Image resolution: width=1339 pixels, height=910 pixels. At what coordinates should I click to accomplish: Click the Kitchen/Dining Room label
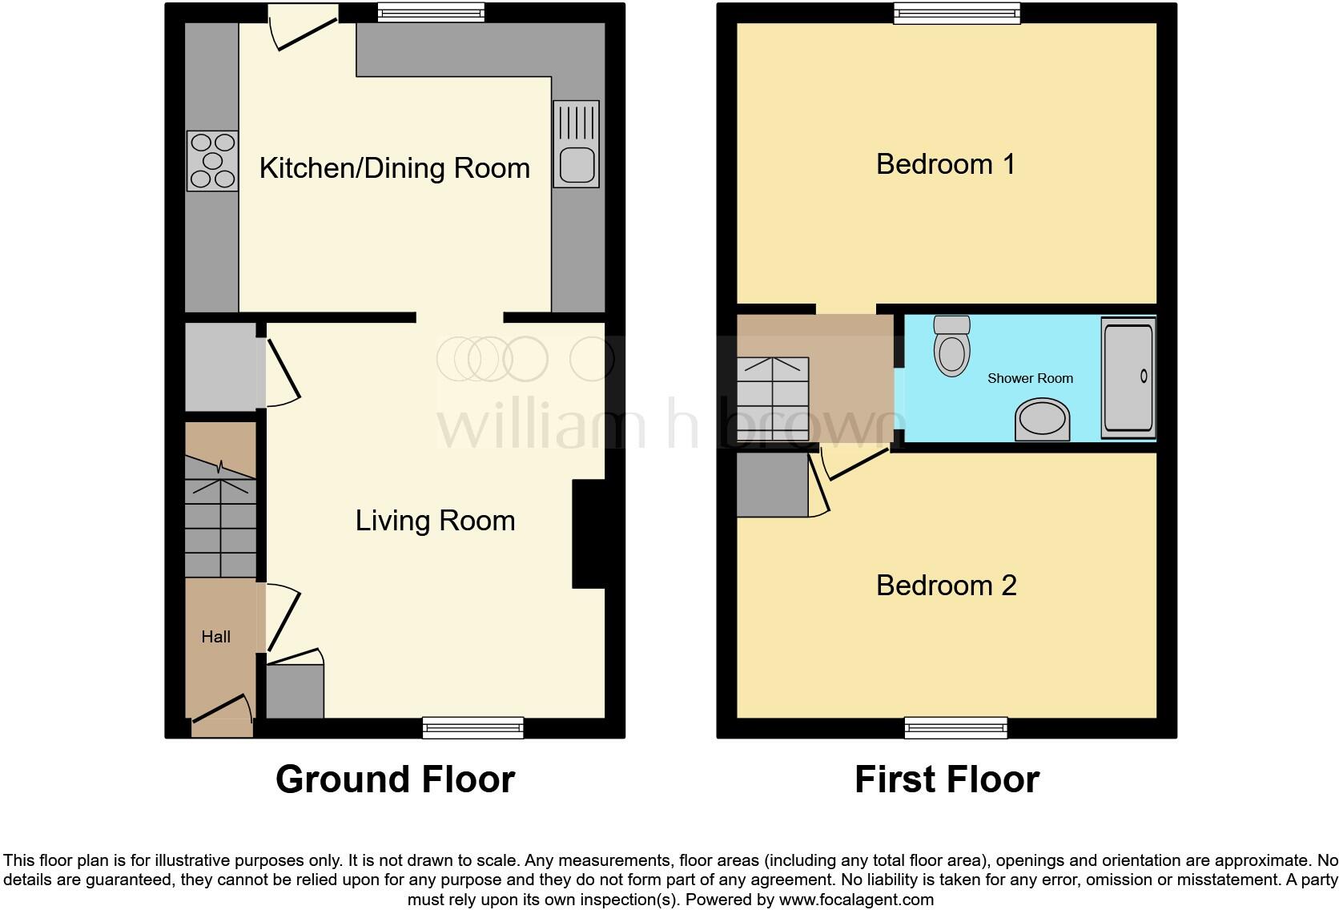394,168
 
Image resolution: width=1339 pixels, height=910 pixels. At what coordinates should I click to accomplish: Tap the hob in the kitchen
212,161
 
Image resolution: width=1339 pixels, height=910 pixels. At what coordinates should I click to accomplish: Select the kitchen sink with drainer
576,144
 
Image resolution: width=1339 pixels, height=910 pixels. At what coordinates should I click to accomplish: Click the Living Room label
435,521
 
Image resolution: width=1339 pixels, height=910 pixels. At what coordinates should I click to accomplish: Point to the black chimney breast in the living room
589,534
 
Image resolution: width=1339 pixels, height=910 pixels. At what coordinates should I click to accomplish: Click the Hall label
215,637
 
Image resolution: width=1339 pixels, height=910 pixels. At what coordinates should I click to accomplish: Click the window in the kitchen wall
431,11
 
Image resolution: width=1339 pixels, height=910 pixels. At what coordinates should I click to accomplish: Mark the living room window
473,727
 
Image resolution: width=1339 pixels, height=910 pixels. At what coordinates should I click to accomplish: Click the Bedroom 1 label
946,164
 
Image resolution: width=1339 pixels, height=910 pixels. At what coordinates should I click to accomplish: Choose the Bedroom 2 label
946,586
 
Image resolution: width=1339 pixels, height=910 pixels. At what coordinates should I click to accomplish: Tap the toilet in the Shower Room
951,345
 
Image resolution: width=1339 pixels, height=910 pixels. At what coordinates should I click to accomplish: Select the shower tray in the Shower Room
1128,377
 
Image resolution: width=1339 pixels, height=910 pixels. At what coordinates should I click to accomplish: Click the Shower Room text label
1030,378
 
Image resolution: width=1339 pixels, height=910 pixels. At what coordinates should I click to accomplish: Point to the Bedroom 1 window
957,12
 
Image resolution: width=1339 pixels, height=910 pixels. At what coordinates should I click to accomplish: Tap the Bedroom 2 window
957,727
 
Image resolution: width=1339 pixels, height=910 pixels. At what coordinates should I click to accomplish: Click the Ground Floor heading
395,779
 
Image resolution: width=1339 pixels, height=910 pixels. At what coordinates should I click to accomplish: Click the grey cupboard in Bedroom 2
772,485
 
